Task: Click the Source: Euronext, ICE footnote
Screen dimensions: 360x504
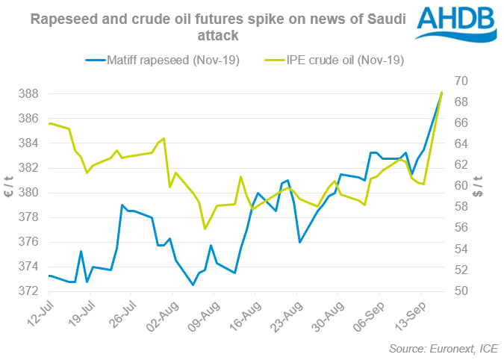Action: (x=444, y=348)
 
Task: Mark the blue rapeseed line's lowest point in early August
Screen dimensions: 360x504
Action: (x=193, y=285)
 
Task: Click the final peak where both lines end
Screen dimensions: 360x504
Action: (x=442, y=93)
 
